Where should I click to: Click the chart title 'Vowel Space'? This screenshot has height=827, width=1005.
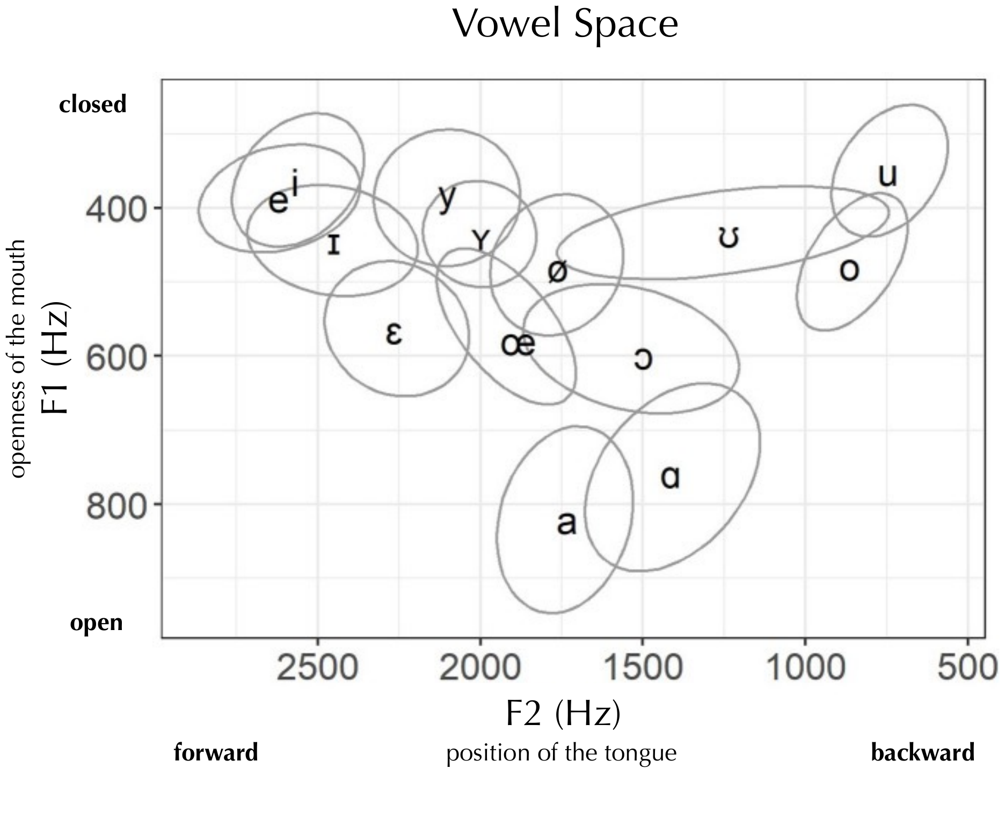(x=565, y=24)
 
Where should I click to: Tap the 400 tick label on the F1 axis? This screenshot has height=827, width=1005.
(x=116, y=208)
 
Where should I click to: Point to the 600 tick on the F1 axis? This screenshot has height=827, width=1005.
(x=116, y=356)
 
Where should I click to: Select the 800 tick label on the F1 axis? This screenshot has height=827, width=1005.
(x=116, y=504)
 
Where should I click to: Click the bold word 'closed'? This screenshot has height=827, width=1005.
(x=92, y=104)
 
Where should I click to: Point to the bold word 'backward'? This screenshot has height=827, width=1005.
(x=922, y=752)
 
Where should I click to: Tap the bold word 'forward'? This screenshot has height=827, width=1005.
(x=216, y=752)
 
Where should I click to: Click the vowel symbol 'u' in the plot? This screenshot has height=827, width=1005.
(x=887, y=176)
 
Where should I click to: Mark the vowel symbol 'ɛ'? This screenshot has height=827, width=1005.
(x=394, y=333)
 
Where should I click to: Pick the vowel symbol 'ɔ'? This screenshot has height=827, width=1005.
(x=643, y=359)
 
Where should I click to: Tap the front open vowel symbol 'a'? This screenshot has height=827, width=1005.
(x=566, y=523)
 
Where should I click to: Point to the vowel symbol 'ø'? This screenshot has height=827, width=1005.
(x=557, y=272)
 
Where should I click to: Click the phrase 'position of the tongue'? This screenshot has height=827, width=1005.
(x=562, y=753)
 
